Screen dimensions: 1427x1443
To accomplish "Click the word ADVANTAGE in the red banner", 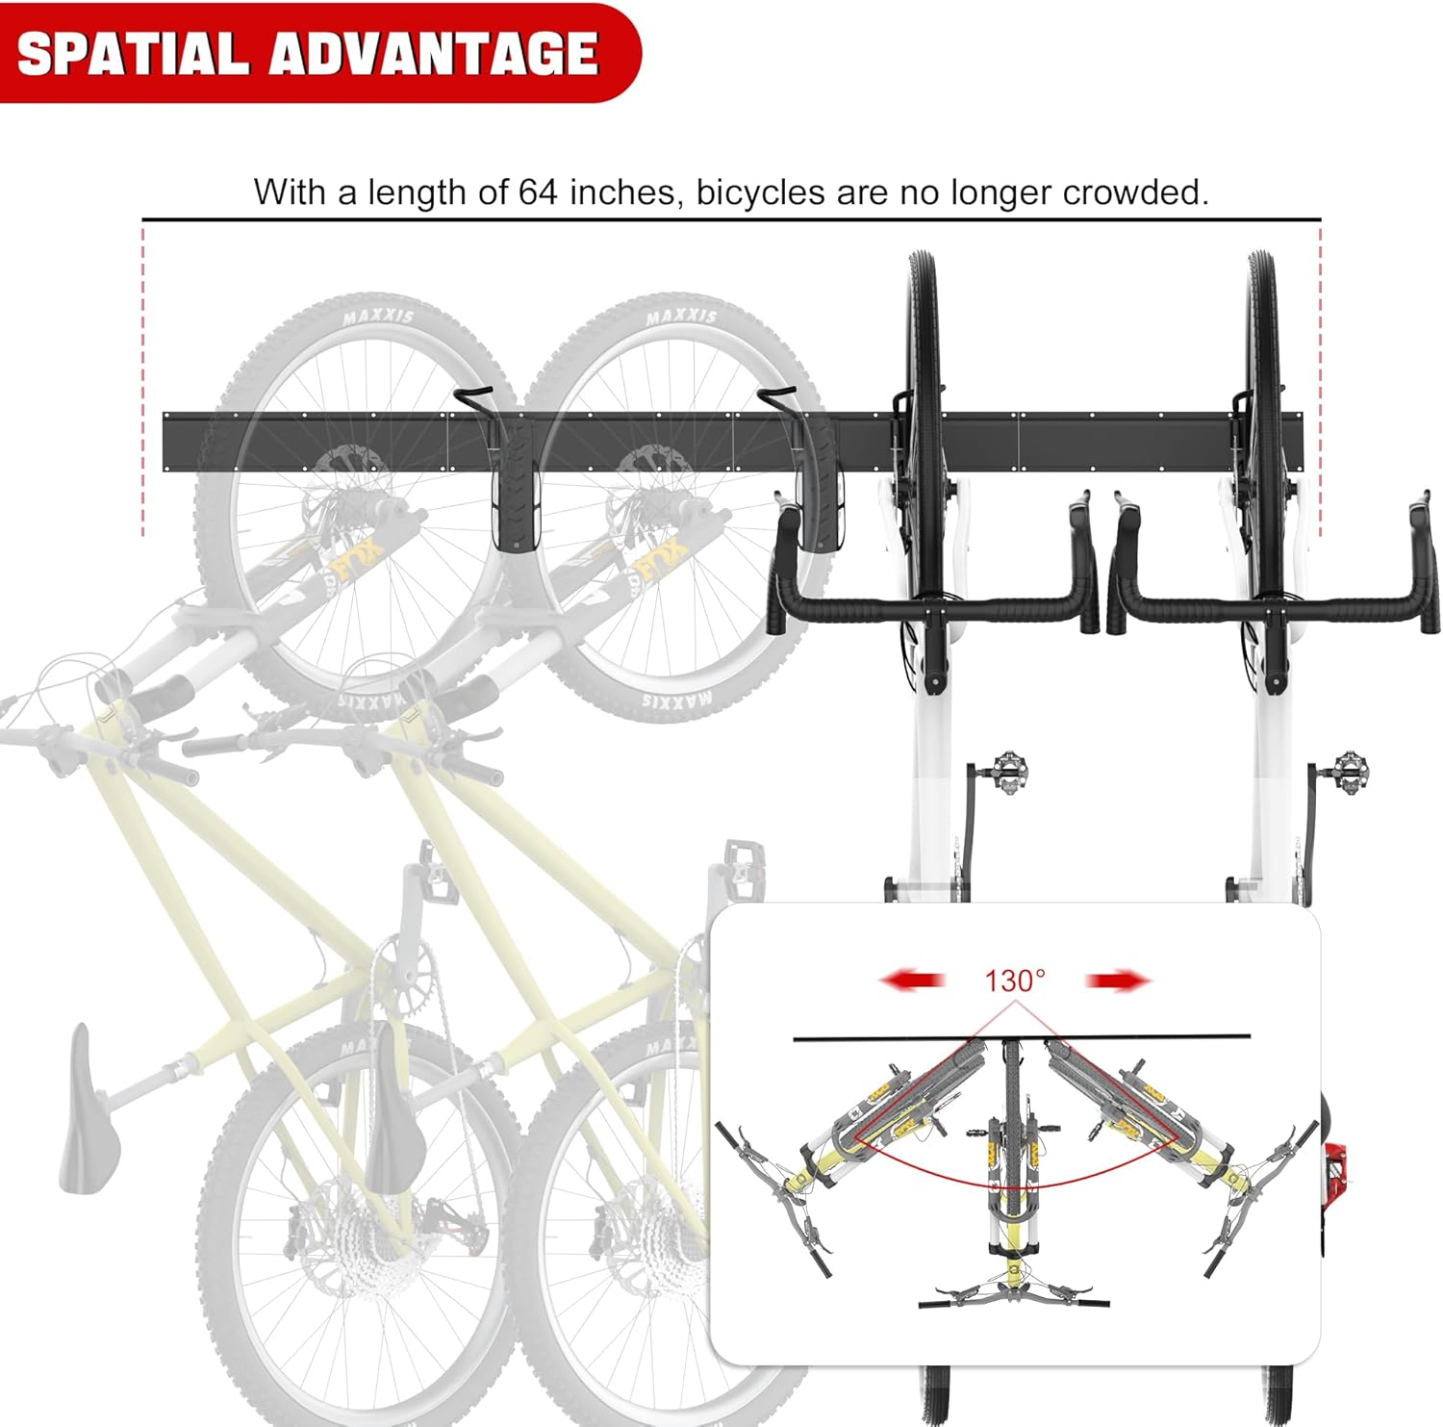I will (435, 54).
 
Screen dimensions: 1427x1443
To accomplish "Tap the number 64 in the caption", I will (538, 192).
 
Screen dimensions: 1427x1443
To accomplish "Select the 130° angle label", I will (1014, 981).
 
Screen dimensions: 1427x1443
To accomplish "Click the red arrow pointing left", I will (912, 981).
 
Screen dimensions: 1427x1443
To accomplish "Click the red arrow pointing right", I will (1118, 981).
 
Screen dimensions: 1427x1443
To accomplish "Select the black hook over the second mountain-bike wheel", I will (777, 396).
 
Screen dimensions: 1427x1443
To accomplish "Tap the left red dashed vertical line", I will (143, 385).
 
